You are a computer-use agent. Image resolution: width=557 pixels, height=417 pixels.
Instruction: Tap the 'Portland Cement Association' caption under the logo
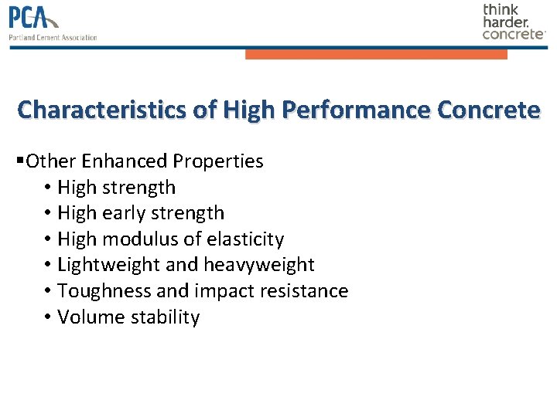point(53,37)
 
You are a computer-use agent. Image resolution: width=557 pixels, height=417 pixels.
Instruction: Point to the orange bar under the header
point(376,54)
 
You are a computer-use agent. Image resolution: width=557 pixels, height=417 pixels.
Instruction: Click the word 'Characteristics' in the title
point(104,110)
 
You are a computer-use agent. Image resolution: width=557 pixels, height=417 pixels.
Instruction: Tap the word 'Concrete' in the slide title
point(488,110)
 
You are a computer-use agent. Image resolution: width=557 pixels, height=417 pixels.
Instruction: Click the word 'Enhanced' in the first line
point(124,161)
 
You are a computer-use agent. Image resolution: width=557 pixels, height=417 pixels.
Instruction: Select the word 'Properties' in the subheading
point(218,161)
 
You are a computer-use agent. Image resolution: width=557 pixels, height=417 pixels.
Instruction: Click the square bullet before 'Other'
point(19,161)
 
